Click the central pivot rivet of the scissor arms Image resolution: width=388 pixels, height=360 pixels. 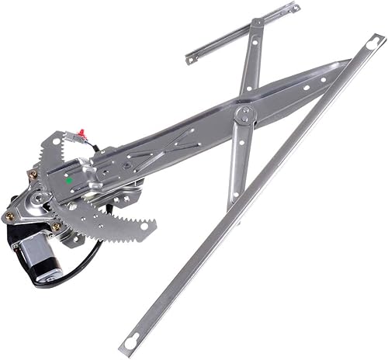[245, 116]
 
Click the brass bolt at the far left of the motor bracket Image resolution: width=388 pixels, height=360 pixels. [9, 216]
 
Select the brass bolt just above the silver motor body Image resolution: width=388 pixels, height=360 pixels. [56, 227]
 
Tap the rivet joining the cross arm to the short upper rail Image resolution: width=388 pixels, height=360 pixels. [254, 24]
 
